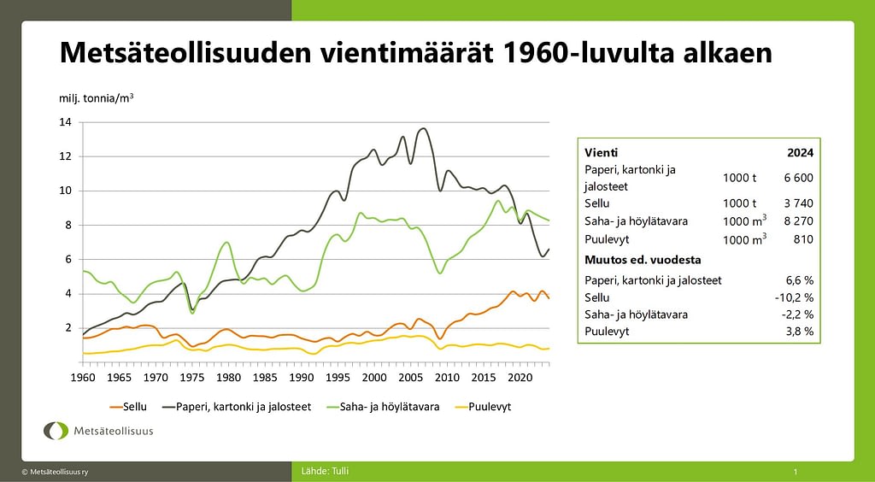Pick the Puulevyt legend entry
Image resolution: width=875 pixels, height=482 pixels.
pyautogui.click(x=489, y=407)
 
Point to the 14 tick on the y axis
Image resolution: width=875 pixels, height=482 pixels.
pyautogui.click(x=66, y=122)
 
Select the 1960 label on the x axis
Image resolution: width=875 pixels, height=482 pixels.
pyautogui.click(x=82, y=377)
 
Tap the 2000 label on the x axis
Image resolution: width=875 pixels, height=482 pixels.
pyautogui.click(x=373, y=377)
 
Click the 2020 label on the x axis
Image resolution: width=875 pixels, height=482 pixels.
pyautogui.click(x=519, y=377)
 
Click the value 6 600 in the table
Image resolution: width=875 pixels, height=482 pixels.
pyautogui.click(x=798, y=178)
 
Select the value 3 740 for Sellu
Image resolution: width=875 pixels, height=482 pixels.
pyautogui.click(x=798, y=203)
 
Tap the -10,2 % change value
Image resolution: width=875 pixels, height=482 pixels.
pyautogui.click(x=796, y=297)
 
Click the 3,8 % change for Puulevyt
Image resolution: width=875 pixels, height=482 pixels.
pyautogui.click(x=800, y=331)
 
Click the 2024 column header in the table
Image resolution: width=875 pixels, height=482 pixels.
pyautogui.click(x=800, y=152)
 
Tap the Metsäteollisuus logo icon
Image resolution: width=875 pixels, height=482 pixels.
pyautogui.click(x=57, y=431)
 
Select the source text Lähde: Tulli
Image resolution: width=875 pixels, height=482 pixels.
pyautogui.click(x=326, y=471)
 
